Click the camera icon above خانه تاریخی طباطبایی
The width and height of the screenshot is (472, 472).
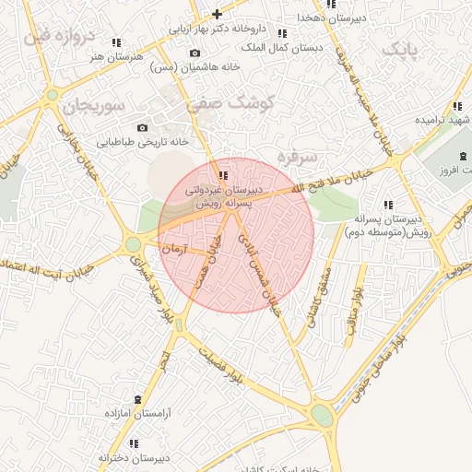pos(142,127)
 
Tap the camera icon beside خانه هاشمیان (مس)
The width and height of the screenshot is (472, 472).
pos(195,53)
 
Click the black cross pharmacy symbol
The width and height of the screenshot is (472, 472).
pos(217,14)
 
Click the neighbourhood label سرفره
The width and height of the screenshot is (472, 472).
pos(298,157)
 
